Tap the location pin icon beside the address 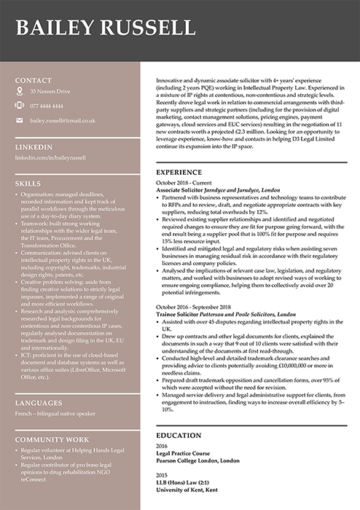click(x=20, y=92)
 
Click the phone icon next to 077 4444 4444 click(x=20, y=106)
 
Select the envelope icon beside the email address click(x=20, y=119)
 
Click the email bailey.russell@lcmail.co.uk click(x=63, y=120)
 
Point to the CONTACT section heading click(x=34, y=80)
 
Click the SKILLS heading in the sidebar click(x=28, y=184)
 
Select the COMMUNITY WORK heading click(x=52, y=439)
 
